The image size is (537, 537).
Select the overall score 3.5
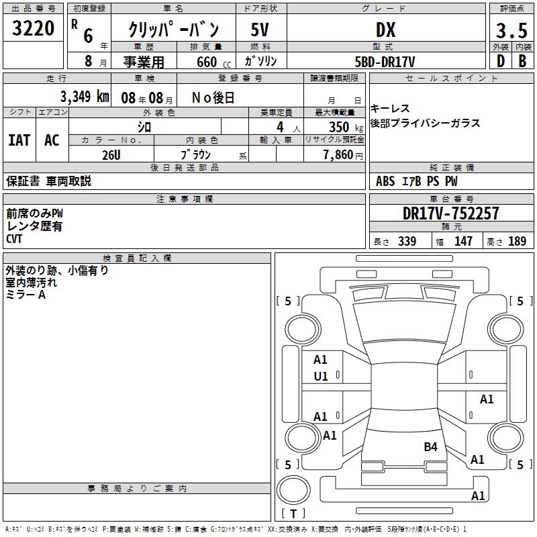click(x=510, y=31)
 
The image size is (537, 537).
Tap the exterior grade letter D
click(x=499, y=61)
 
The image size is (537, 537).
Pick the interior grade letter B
click(x=522, y=61)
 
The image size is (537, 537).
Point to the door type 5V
click(x=260, y=30)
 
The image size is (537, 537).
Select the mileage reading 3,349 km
click(x=84, y=97)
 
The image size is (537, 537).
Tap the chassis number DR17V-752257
click(x=450, y=213)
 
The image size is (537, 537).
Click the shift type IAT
click(x=19, y=140)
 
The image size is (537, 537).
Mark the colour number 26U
click(x=111, y=155)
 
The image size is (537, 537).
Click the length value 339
click(x=407, y=241)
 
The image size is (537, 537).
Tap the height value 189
click(x=517, y=241)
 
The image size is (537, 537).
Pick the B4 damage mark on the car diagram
click(x=430, y=446)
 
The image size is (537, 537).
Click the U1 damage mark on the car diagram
click(x=321, y=377)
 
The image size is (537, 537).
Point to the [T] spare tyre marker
click(x=293, y=514)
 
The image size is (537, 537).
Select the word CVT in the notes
click(x=15, y=238)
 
